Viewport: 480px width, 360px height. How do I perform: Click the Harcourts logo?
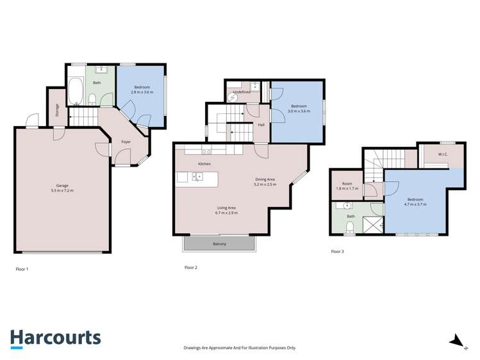[x=55, y=338]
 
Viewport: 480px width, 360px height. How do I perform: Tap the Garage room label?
[x=62, y=185]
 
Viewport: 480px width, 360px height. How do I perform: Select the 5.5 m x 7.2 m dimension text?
[x=62, y=191]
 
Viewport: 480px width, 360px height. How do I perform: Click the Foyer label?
[x=126, y=142]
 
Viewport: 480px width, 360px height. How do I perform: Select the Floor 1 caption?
[x=22, y=269]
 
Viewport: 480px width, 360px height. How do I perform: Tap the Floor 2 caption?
[x=190, y=267]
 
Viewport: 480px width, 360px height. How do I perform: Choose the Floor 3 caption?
[x=337, y=252]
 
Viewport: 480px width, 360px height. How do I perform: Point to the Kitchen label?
[x=204, y=164]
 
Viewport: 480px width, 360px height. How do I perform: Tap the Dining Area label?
[x=264, y=179]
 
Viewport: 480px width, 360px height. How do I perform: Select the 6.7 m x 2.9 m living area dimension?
[x=227, y=213]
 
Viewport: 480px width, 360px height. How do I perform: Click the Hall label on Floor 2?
[x=261, y=124]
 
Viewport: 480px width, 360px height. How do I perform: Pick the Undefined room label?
[x=241, y=92]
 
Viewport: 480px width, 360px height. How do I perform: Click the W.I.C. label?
[x=443, y=154]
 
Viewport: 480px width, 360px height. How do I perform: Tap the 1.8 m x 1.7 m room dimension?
[x=347, y=189]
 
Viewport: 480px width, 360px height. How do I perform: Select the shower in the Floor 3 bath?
[x=372, y=224]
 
